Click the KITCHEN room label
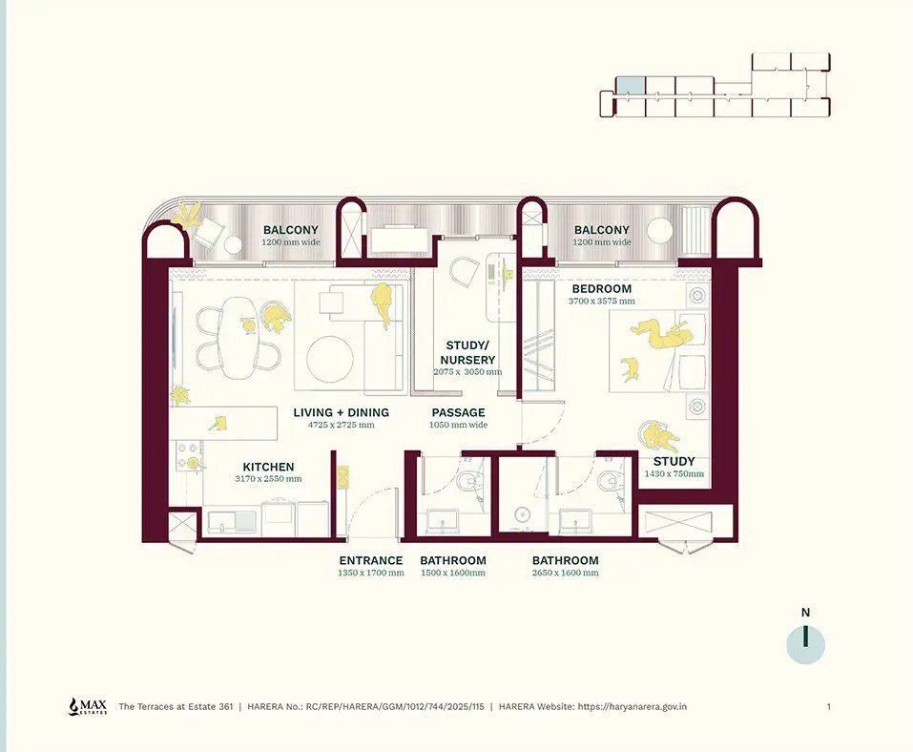pos(268,467)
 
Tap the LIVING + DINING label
pos(342,412)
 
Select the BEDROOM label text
pos(601,288)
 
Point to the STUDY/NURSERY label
pos(467,352)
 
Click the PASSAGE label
pos(458,412)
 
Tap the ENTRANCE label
pos(371,560)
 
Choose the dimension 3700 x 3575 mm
pos(601,302)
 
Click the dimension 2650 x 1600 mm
pos(566,573)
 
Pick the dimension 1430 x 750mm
pos(674,473)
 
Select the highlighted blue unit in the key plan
pos(631,85)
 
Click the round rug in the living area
pos(330,358)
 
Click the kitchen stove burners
pos(189,455)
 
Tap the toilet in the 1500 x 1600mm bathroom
pos(468,481)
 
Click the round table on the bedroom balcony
pos(660,230)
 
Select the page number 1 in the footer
pos(829,706)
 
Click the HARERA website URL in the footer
pos(632,706)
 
